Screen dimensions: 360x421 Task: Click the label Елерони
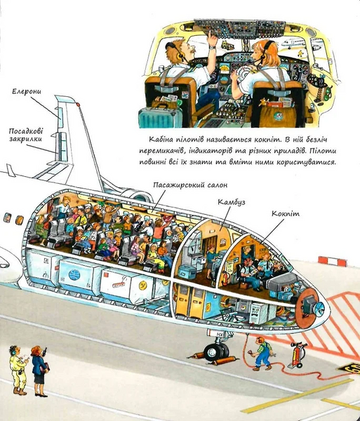click(x=27, y=91)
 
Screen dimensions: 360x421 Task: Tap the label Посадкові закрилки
click(x=26, y=135)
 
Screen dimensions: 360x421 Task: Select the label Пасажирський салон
click(x=190, y=185)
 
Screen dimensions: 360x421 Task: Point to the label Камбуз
click(x=231, y=202)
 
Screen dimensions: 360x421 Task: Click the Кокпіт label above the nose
click(x=286, y=214)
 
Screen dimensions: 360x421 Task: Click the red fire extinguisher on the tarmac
click(x=296, y=354)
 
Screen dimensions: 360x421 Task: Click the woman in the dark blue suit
click(x=39, y=371)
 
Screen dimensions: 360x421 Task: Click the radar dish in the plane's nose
click(x=320, y=306)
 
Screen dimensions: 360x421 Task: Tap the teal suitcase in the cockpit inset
click(x=160, y=118)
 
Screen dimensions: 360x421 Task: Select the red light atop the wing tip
click(x=78, y=104)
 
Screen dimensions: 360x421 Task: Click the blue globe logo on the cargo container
click(x=74, y=274)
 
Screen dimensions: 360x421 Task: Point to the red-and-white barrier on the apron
click(x=332, y=261)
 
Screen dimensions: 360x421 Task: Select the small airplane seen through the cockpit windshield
click(x=294, y=43)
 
